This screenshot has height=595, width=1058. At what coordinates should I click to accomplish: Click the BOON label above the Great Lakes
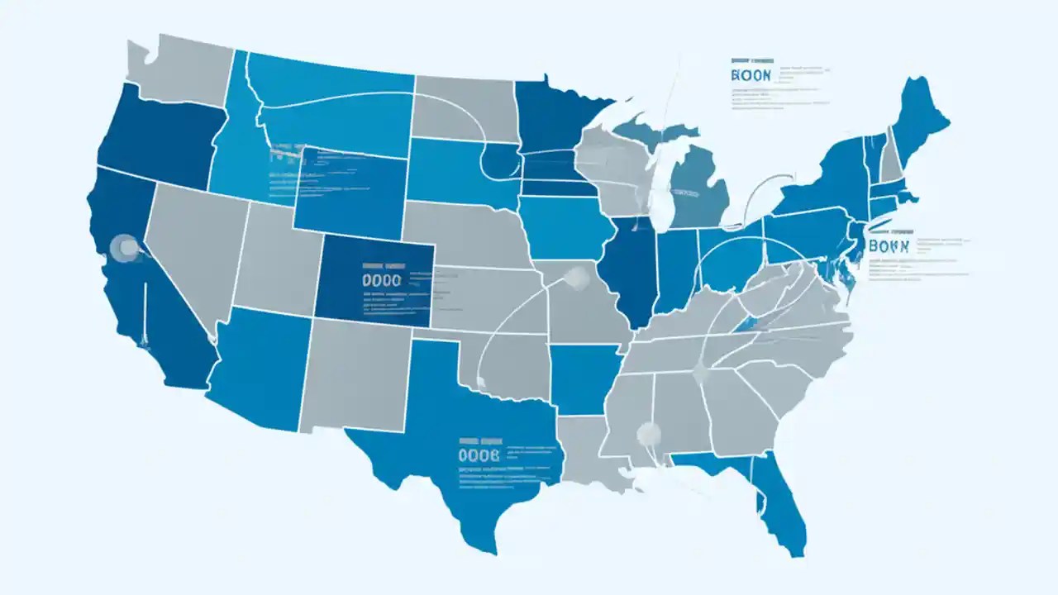(751, 74)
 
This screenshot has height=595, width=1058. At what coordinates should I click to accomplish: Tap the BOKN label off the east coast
(889, 246)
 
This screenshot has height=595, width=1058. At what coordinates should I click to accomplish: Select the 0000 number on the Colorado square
(382, 280)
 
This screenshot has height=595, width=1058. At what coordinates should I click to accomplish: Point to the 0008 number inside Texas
(479, 455)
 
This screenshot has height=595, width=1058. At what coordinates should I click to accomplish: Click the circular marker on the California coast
(125, 246)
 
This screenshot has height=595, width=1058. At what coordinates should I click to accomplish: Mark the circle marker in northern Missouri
(575, 278)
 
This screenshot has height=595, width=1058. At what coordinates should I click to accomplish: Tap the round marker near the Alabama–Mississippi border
(649, 432)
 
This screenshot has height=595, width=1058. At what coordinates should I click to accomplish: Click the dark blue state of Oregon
(157, 140)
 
